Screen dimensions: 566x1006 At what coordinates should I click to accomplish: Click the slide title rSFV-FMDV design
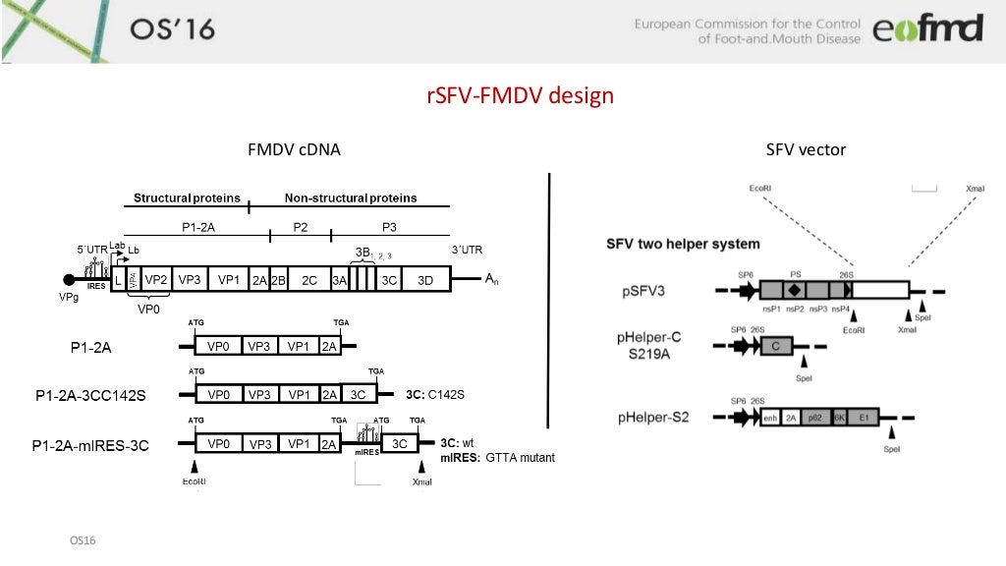tap(520, 96)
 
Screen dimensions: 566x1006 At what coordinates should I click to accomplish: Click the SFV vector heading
tap(806, 150)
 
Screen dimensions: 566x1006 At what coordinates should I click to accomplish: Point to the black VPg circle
tap(70, 281)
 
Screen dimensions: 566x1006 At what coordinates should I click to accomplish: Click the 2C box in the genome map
tap(309, 280)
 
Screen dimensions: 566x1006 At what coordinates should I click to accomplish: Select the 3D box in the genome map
tap(425, 280)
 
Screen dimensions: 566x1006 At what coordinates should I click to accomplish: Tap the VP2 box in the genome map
tap(155, 280)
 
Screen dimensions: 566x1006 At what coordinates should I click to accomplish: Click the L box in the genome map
tap(118, 280)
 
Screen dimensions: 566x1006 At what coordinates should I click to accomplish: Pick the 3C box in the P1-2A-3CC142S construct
tap(358, 395)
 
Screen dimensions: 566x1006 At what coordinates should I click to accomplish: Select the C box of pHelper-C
tap(775, 346)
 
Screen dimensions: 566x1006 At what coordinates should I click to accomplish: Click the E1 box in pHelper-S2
tap(864, 417)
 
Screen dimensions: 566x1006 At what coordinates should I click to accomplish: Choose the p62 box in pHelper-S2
tap(814, 417)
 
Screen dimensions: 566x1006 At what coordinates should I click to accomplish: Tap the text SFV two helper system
tap(683, 243)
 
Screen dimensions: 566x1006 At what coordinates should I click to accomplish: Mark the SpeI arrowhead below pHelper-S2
tap(891, 432)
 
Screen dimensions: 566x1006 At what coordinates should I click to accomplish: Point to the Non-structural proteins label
tap(351, 198)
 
